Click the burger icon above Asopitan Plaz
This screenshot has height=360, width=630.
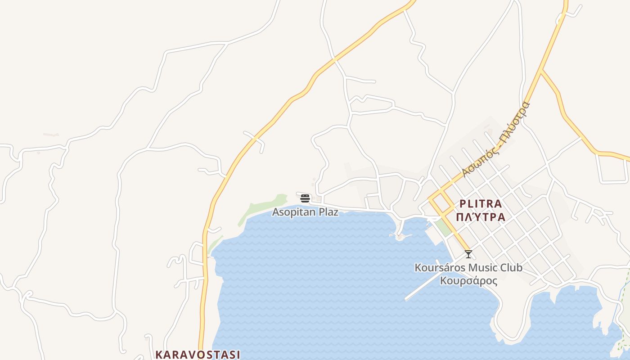305,198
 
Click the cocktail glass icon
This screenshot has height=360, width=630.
468,254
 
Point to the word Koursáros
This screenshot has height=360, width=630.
440,268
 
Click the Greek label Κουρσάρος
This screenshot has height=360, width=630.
468,281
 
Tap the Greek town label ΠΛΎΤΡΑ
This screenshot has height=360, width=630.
481,217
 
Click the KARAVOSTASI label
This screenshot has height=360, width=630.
198,354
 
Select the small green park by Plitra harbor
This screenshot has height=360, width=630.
443,228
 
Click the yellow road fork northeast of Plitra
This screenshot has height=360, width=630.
541,70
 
